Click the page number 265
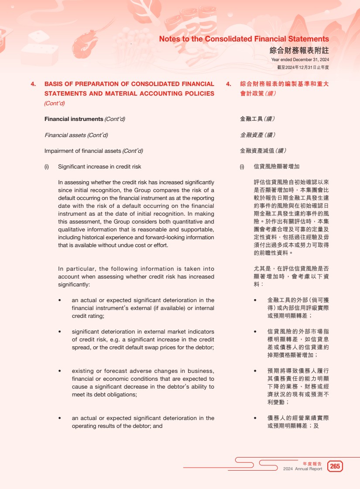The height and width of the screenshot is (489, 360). coord(335,466)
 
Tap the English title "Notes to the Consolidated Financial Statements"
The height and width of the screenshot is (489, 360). coord(244,39)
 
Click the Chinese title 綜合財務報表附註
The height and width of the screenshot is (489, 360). coord(299,50)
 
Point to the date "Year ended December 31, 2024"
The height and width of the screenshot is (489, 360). coord(300,60)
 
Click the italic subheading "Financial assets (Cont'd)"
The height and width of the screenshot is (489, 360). coord(76,135)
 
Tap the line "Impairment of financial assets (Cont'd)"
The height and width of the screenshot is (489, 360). coord(93,151)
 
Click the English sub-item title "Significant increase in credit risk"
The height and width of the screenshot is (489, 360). coord(99,167)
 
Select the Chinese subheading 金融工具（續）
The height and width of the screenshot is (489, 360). coord(257,119)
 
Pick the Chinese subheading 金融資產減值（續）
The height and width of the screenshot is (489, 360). coord(263,151)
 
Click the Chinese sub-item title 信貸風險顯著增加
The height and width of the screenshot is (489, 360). coord(276,167)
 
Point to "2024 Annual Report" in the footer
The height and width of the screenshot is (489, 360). coord(302,469)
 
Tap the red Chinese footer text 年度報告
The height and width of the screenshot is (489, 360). coord(312,463)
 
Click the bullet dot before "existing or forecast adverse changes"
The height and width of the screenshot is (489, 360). coord(60,371)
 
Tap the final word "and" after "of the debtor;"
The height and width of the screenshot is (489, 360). coord(158,426)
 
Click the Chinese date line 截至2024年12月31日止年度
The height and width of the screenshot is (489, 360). coord(303,67)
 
